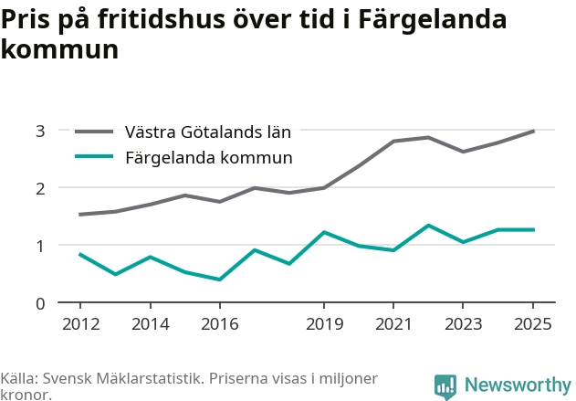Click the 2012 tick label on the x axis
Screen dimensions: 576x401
(x=81, y=324)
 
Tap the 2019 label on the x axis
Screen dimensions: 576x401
(x=324, y=324)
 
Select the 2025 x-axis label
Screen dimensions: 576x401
(x=533, y=324)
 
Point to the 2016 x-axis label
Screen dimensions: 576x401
(x=220, y=324)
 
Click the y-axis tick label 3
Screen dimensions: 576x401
(x=40, y=132)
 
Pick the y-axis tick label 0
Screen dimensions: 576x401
(x=40, y=304)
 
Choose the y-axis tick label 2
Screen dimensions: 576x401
(x=40, y=189)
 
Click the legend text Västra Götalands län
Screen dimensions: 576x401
(x=208, y=132)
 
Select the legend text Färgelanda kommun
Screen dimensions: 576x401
(x=209, y=157)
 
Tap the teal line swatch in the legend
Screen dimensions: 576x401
(x=94, y=156)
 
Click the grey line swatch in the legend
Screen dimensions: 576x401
(x=94, y=132)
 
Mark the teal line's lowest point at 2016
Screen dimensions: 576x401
(x=220, y=280)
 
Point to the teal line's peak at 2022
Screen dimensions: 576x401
(x=428, y=226)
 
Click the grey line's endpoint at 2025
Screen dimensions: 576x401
(x=533, y=132)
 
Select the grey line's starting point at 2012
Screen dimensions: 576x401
(x=80, y=215)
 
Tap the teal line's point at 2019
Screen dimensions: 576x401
(x=324, y=232)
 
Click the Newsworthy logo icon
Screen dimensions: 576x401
(x=445, y=386)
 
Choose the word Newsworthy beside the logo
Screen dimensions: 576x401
(x=518, y=385)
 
